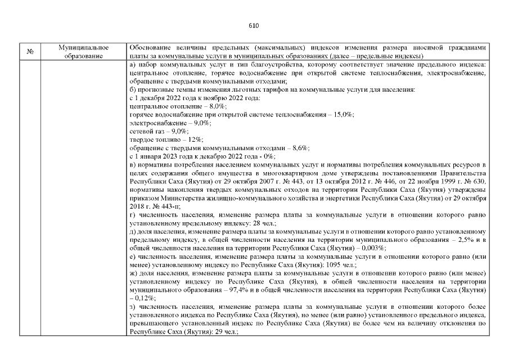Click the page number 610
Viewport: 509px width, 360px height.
pos(254,25)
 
